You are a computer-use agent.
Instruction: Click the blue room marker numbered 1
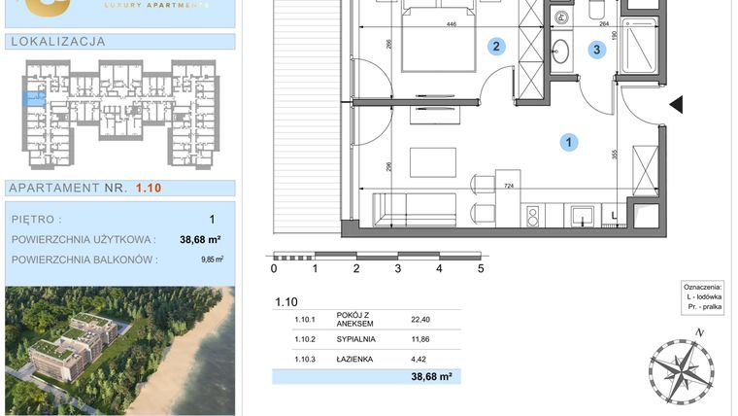(568, 143)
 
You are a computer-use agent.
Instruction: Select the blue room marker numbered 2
(496, 47)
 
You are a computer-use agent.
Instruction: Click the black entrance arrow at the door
(678, 104)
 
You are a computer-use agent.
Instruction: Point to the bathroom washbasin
(562, 51)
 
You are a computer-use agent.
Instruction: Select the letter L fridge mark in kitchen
(613, 215)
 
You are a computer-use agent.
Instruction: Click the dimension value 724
(504, 185)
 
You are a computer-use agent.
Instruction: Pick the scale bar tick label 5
(481, 269)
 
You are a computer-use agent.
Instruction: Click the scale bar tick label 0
(274, 269)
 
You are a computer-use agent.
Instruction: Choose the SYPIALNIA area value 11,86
(420, 340)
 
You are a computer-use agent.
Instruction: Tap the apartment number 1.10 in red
(149, 188)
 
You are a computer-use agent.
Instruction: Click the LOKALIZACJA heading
(55, 42)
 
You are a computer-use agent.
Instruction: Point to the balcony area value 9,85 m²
(212, 260)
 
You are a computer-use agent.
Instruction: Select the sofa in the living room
(415, 206)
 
